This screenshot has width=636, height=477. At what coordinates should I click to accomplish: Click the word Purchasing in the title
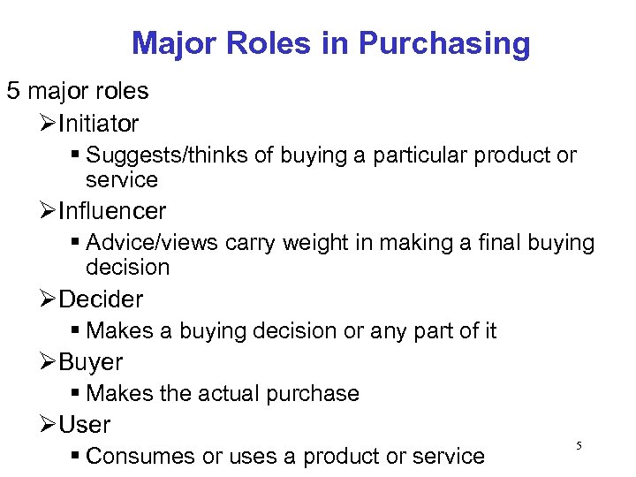(x=445, y=43)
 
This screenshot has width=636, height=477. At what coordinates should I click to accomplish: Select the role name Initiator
(x=98, y=124)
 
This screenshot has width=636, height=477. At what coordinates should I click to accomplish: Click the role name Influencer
(x=112, y=211)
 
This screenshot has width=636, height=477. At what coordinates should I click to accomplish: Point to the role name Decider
(x=101, y=299)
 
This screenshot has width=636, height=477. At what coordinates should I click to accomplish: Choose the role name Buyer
(x=91, y=361)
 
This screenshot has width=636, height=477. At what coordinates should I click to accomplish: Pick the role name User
(x=85, y=424)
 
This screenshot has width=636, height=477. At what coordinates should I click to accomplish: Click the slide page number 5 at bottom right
(x=579, y=446)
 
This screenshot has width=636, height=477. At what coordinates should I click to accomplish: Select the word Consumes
(x=140, y=456)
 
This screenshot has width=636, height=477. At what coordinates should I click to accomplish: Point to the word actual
(x=221, y=393)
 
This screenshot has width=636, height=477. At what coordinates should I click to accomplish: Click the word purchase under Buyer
(x=315, y=393)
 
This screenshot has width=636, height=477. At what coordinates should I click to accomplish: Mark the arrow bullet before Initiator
(x=49, y=124)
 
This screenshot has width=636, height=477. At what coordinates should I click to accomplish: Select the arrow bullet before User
(x=49, y=425)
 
